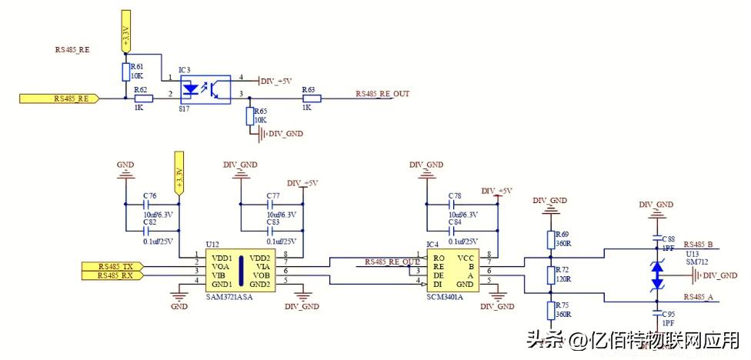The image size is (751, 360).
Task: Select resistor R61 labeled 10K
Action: (x=126, y=72)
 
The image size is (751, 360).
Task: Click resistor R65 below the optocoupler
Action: (x=249, y=116)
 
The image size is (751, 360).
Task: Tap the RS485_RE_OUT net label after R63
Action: (x=382, y=94)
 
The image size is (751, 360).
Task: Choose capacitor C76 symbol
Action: (x=145, y=205)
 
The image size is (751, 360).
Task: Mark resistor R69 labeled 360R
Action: (x=551, y=238)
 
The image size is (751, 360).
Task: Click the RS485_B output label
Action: (x=698, y=245)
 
